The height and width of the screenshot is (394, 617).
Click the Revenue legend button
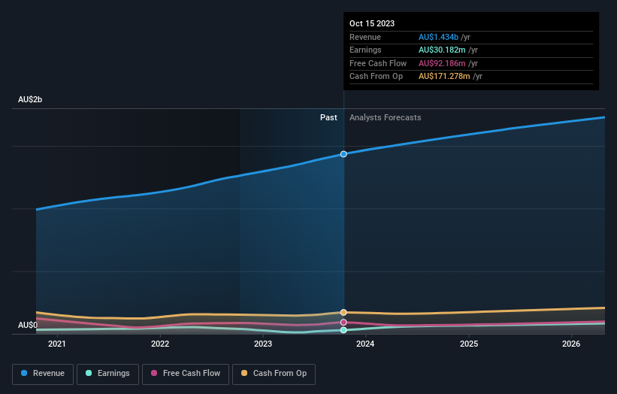pos(43,373)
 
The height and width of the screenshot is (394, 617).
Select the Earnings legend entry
pos(107,373)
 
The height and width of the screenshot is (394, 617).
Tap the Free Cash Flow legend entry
pos(185,373)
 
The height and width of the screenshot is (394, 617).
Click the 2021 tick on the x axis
pos(57,344)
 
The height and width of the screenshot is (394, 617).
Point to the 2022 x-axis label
pos(160,344)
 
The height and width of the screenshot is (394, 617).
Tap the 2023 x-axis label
pos(263,344)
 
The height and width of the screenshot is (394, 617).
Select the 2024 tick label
pos(366,344)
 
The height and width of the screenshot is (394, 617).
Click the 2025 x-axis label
pos(469,344)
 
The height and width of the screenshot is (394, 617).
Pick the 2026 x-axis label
pos(572,344)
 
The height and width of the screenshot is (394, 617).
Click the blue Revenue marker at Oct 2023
pos(343,154)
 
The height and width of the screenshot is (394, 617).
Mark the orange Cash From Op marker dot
pos(343,312)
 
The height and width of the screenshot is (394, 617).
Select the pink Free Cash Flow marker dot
pos(343,322)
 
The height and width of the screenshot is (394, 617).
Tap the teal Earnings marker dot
pos(343,330)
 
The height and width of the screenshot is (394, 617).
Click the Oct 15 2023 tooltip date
pos(372,23)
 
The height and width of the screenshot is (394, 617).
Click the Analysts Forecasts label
pos(385,118)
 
